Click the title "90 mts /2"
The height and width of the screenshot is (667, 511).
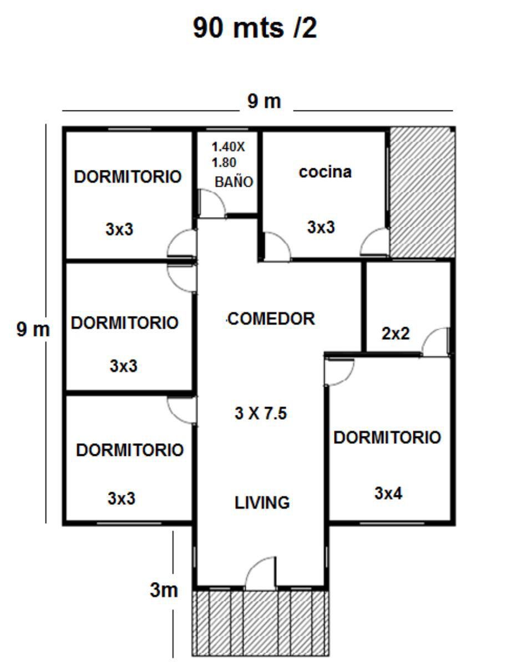coord(255,28)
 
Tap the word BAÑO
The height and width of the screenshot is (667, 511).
coord(234,182)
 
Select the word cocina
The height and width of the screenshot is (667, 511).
coord(325,172)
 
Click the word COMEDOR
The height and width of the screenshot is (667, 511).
coord(271,319)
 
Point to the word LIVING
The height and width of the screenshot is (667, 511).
coord(262,503)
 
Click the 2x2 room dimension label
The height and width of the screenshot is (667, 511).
coord(396,333)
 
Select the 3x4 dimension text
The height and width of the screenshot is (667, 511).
coord(388,493)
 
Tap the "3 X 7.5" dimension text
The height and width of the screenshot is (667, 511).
coord(261,413)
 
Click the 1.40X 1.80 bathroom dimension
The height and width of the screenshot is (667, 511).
coord(228,155)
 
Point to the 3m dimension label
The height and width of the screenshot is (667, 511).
coord(164,590)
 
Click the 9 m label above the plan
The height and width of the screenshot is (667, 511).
coord(264,101)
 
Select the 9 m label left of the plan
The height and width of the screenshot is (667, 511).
coord(33,330)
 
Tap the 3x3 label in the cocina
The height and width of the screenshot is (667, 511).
coord(321,227)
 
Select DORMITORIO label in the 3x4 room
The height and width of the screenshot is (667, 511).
coord(387,438)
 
